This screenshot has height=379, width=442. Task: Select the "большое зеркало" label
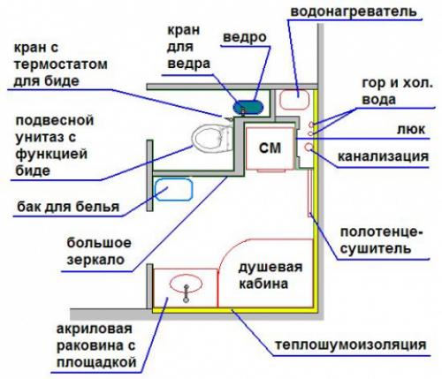99,252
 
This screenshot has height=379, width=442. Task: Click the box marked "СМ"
270,149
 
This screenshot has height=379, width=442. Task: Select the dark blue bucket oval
248,105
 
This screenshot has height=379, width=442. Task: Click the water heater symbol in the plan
294,96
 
